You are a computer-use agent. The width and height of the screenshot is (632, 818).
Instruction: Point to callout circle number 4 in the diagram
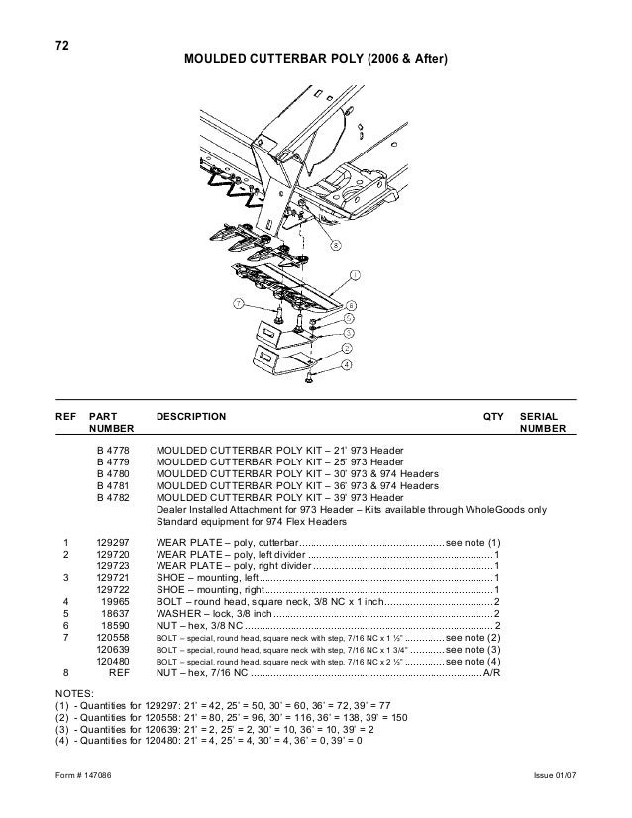coord(345,364)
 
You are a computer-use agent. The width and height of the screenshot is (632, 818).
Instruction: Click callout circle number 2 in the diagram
coord(347,350)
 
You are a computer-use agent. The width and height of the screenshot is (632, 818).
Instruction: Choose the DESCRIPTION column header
coord(191,417)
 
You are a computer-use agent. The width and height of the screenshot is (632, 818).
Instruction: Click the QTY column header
coord(493,417)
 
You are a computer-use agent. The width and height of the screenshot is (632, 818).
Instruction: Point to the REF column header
coord(64,417)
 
